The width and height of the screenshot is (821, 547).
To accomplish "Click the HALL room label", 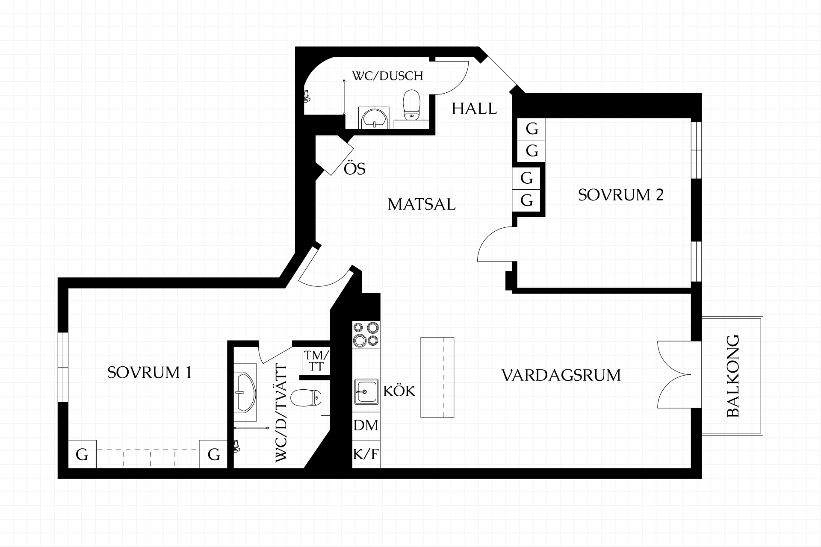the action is pyautogui.click(x=474, y=109).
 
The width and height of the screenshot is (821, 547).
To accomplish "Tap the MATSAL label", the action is pyautogui.click(x=422, y=204).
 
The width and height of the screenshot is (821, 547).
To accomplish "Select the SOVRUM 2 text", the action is pyautogui.click(x=621, y=195).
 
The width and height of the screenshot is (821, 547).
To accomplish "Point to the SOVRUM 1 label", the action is pyautogui.click(x=149, y=372).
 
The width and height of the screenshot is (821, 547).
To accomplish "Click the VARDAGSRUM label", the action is pyautogui.click(x=561, y=375).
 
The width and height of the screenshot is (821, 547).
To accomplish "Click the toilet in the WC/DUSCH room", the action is pyautogui.click(x=412, y=104).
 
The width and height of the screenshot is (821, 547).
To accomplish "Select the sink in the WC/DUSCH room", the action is pyautogui.click(x=375, y=118).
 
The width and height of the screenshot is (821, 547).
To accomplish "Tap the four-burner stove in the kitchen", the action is pyautogui.click(x=366, y=334).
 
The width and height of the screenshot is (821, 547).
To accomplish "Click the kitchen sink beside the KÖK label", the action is pyautogui.click(x=366, y=391).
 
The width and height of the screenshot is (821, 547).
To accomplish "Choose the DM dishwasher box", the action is pyautogui.click(x=366, y=426).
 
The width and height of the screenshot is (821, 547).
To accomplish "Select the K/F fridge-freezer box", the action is pyautogui.click(x=366, y=454).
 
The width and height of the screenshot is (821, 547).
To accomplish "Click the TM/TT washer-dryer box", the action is pyautogui.click(x=316, y=361).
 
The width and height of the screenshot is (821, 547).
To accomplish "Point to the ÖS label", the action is pyautogui.click(x=354, y=169).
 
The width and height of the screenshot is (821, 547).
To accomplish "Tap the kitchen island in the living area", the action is pyautogui.click(x=437, y=377).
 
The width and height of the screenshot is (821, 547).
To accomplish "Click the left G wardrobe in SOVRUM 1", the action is pyautogui.click(x=82, y=454).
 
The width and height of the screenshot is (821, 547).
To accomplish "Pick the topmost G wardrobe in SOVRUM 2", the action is pyautogui.click(x=532, y=129).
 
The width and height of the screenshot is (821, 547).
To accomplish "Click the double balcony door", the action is pyautogui.click(x=674, y=375).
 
